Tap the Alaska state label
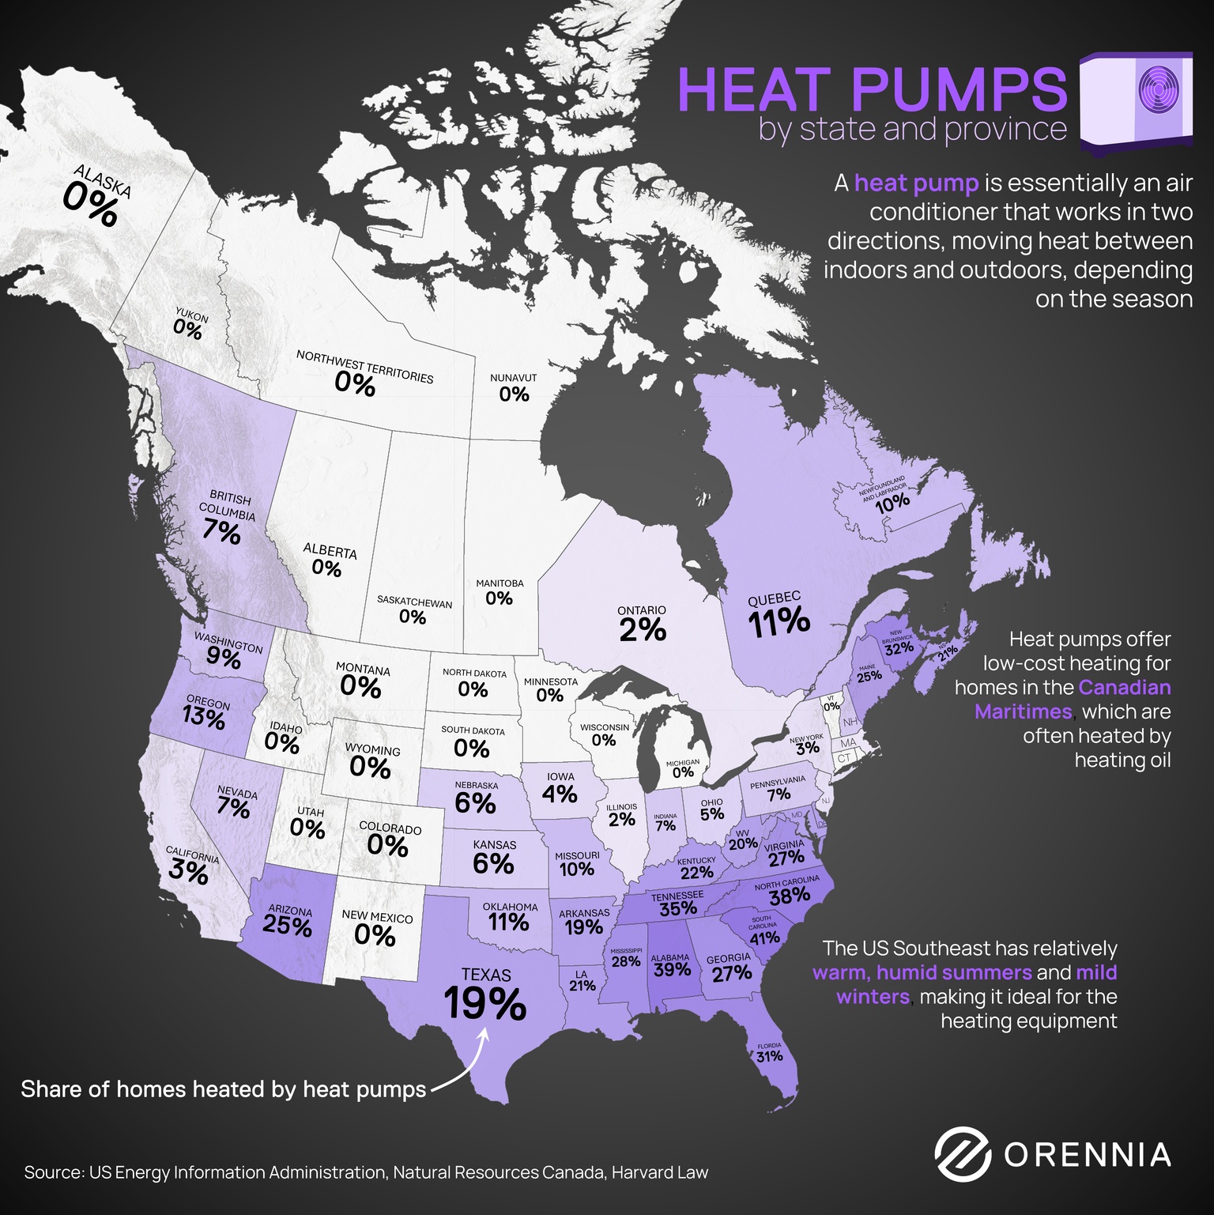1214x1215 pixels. pyautogui.click(x=103, y=181)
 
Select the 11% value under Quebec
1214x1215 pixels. pyautogui.click(x=779, y=623)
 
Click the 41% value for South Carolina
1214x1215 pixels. pyautogui.click(x=764, y=938)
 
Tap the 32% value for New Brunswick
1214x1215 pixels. pyautogui.click(x=899, y=649)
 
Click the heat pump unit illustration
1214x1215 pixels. pyautogui.click(x=1137, y=101)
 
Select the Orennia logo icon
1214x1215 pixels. pyautogui.click(x=962, y=1153)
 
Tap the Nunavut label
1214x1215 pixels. pyautogui.click(x=513, y=378)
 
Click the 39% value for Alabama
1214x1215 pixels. pyautogui.click(x=672, y=970)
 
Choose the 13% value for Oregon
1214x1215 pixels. pyautogui.click(x=204, y=717)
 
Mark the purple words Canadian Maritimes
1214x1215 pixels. pyautogui.click(x=1073, y=700)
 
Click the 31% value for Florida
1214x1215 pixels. pyautogui.click(x=769, y=1057)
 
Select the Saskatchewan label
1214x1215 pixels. pyautogui.click(x=414, y=602)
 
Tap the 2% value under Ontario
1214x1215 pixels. pyautogui.click(x=643, y=630)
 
